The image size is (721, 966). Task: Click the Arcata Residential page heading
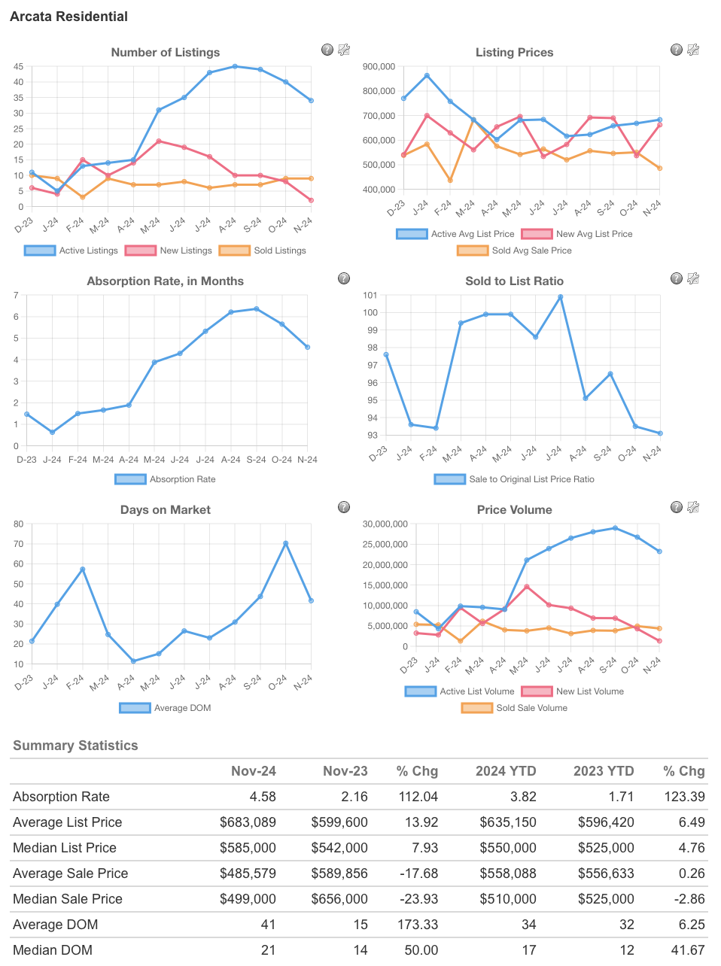coord(68,17)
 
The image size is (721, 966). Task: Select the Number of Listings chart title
coord(166,53)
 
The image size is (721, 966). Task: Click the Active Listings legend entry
coord(71,251)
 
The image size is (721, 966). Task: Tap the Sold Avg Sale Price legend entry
coord(515,251)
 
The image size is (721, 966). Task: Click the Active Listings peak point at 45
coord(235,66)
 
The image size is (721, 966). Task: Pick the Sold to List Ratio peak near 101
coord(560,297)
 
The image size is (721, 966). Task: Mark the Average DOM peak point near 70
coord(285,543)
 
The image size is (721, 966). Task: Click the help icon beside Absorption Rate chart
coord(344,278)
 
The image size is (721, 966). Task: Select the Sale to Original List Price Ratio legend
coord(515,479)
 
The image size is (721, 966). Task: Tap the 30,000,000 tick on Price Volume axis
coord(385,524)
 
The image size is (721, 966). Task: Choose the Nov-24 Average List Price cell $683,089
coord(248,822)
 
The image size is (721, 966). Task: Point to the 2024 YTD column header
coord(506,771)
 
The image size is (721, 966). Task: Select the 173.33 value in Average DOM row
coord(418,925)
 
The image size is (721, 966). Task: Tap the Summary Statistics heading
coord(75,746)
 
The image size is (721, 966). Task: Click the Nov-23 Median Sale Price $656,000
coord(339,899)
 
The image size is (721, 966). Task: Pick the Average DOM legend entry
coord(166,708)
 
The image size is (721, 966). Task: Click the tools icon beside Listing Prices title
coord(693,50)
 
